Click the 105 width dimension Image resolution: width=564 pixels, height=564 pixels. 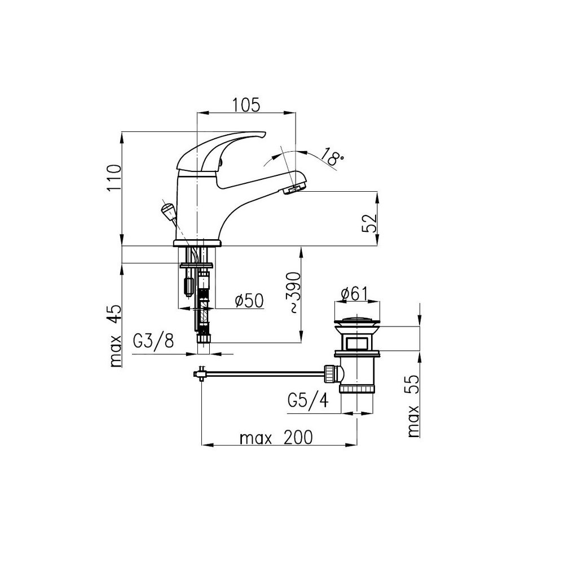pyautogui.click(x=246, y=105)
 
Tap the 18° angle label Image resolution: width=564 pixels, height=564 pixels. pyautogui.click(x=331, y=157)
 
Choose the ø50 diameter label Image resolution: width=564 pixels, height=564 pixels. pyautogui.click(x=249, y=301)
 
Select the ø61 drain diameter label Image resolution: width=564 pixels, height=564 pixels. pyautogui.click(x=354, y=294)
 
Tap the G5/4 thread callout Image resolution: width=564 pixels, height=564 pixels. pyautogui.click(x=309, y=400)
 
